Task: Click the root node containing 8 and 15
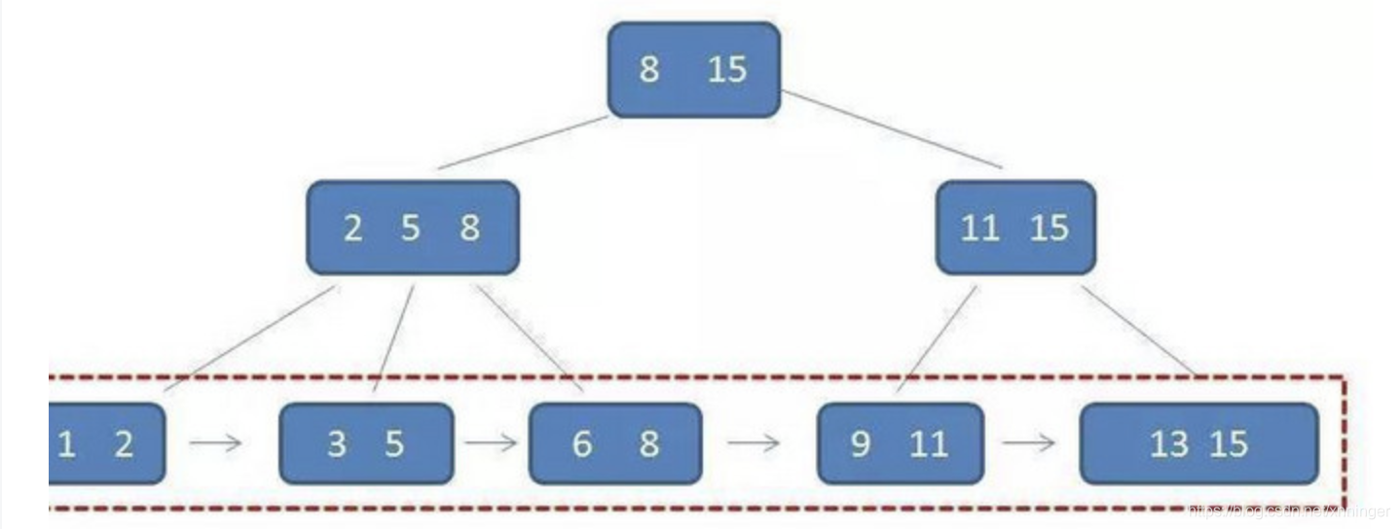click(693, 70)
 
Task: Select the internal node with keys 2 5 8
click(412, 228)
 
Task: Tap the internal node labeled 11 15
click(1014, 228)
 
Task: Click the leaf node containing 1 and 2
click(105, 443)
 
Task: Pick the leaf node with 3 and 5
click(365, 443)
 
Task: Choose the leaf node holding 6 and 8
click(614, 443)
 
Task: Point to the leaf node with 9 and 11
click(900, 443)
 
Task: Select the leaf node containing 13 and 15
click(1198, 443)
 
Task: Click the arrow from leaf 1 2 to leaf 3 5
click(216, 443)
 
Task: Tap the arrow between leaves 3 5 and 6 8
click(491, 443)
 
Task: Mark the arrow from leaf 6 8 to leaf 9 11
click(755, 443)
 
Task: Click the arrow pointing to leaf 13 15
click(1030, 443)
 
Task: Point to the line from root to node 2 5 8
click(523, 142)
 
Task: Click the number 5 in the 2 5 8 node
click(411, 229)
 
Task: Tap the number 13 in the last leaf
click(1168, 444)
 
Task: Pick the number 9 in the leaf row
click(860, 444)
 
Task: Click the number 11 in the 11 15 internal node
click(979, 229)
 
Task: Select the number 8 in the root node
click(648, 70)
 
